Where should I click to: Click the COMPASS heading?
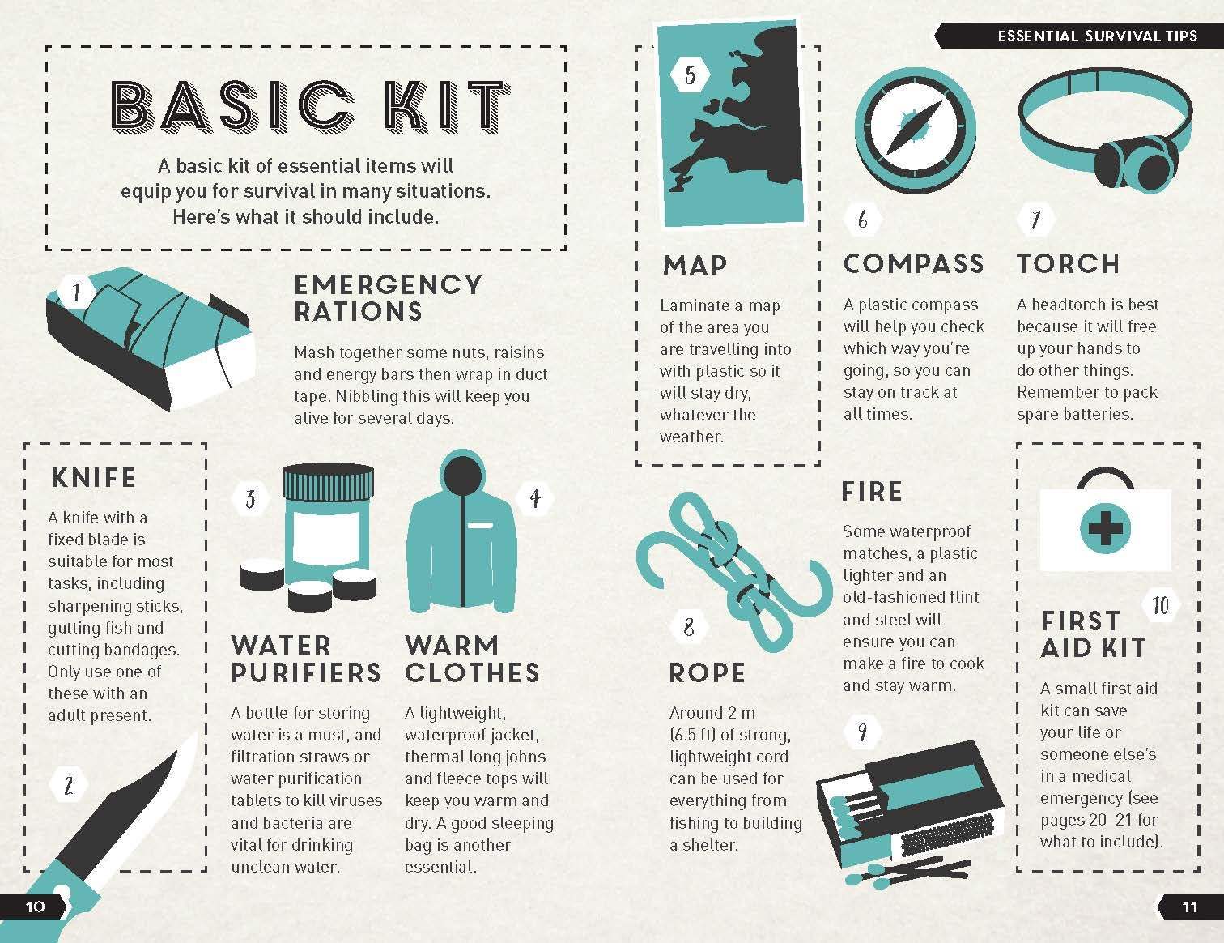(x=913, y=264)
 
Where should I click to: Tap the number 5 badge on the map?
(x=690, y=75)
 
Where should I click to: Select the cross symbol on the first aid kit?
(x=1104, y=528)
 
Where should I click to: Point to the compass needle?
(x=915, y=128)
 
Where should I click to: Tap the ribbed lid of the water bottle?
(x=328, y=483)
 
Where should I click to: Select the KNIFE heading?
(x=94, y=478)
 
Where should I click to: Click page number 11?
(x=1190, y=907)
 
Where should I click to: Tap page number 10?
(x=35, y=907)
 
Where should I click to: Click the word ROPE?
(x=707, y=672)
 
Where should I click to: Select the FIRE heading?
(x=871, y=492)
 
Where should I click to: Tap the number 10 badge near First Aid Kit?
(x=1161, y=606)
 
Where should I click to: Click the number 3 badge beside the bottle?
(x=251, y=499)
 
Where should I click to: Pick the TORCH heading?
(x=1068, y=264)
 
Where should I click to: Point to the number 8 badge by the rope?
(x=689, y=627)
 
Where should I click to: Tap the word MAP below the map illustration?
(x=695, y=266)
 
